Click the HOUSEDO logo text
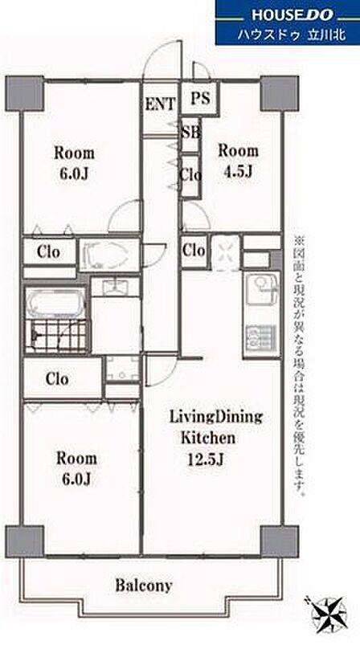coord(292,15)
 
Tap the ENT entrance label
coord(160,104)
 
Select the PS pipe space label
coord(201,99)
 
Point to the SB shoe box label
coord(191,133)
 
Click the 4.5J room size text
coord(237,171)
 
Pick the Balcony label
coord(144,586)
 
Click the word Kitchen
coord(208,438)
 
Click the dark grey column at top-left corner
coord(24,93)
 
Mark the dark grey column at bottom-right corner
coord(280,542)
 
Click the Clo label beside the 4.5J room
coord(194,250)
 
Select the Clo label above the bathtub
coord(48,251)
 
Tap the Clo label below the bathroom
coord(57,379)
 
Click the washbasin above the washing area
coord(116,287)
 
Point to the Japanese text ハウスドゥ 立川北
coord(292,35)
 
